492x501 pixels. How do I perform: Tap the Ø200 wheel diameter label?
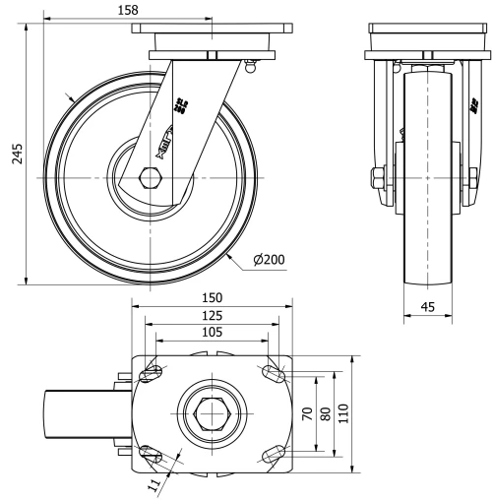[268, 260]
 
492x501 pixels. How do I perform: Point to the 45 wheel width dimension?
[428, 306]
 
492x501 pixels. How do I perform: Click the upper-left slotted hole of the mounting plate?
[153, 373]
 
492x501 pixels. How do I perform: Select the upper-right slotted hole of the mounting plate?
[273, 373]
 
